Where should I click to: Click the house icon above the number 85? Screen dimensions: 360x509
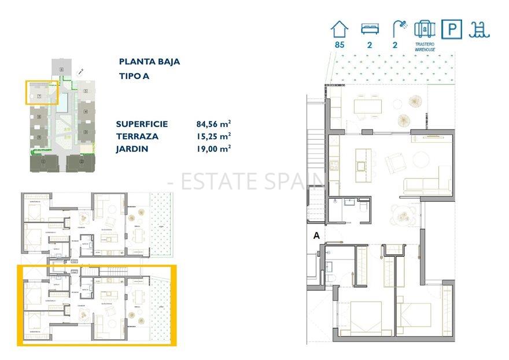tap(340, 28)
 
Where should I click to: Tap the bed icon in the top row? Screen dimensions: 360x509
tap(369, 28)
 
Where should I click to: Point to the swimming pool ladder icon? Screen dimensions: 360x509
tap(480, 28)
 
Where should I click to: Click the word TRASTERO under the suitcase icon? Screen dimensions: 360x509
tap(425, 44)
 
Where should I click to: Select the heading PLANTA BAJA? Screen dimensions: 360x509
tap(149, 62)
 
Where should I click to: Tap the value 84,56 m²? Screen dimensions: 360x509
tap(213, 124)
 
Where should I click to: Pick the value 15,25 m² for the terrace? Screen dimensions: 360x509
tap(213, 136)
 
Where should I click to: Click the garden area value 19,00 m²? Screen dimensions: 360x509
tap(213, 149)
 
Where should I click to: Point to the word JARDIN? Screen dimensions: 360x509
tap(132, 149)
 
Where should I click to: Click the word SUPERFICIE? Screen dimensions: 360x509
tap(142, 124)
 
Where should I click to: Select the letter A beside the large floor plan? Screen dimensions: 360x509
tap(316, 235)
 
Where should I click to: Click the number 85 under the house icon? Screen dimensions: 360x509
tap(340, 44)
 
